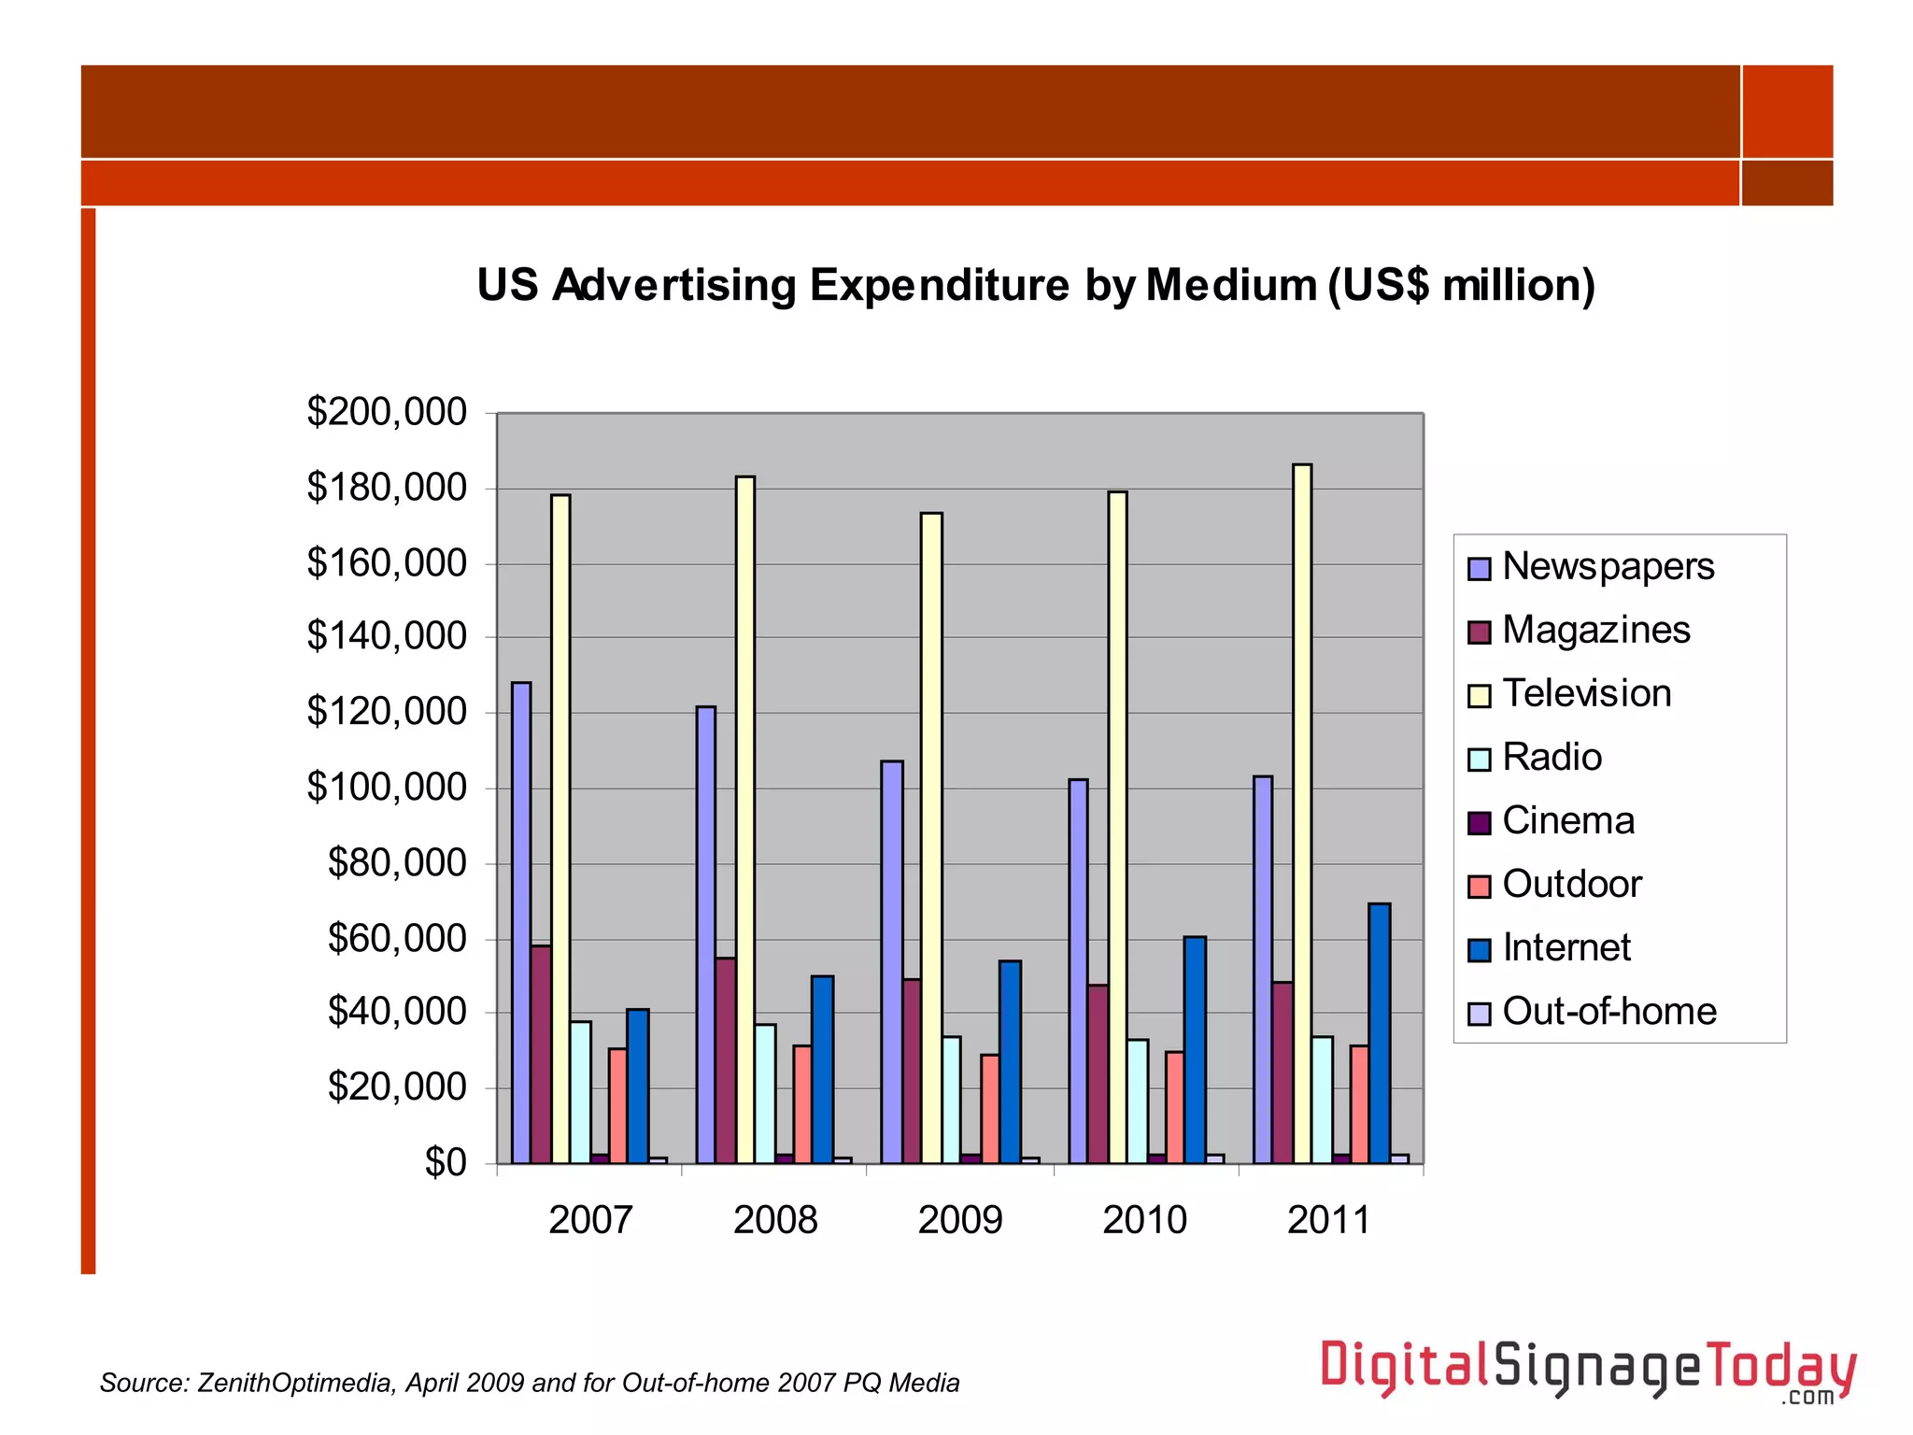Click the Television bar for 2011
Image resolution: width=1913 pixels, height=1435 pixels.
click(1302, 813)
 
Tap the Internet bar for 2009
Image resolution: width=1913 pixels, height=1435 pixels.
click(1010, 1061)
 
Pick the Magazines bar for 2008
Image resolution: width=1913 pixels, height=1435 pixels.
click(726, 1060)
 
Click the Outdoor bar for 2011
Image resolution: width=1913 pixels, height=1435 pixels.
click(1359, 1104)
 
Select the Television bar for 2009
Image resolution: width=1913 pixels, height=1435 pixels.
click(931, 837)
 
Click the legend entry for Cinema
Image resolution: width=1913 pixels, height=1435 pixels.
click(1567, 821)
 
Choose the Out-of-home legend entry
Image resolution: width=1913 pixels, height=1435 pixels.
click(1608, 1012)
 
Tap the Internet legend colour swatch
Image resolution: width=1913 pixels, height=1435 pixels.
click(1480, 949)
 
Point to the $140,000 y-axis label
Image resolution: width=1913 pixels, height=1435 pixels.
click(387, 636)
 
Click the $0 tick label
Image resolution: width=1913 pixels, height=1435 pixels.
click(446, 1163)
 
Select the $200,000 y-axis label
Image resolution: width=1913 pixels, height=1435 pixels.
click(387, 412)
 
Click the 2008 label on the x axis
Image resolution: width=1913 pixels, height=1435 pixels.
click(775, 1220)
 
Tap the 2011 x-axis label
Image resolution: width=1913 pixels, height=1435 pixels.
click(1329, 1220)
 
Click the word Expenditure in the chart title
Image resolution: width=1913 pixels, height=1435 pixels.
click(939, 285)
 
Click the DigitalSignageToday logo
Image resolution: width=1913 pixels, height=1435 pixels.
click(1588, 1371)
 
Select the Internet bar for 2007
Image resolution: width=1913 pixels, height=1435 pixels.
click(638, 1086)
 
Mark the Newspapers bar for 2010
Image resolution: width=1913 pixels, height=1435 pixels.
click(1078, 971)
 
